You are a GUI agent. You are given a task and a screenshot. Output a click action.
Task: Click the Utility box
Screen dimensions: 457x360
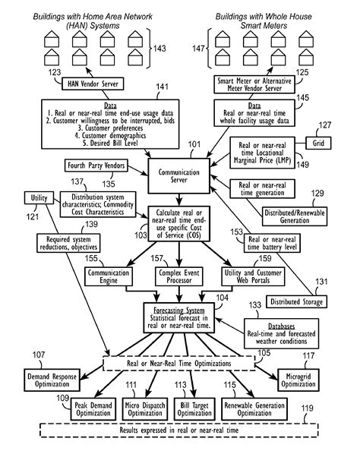pyautogui.click(x=38, y=198)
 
